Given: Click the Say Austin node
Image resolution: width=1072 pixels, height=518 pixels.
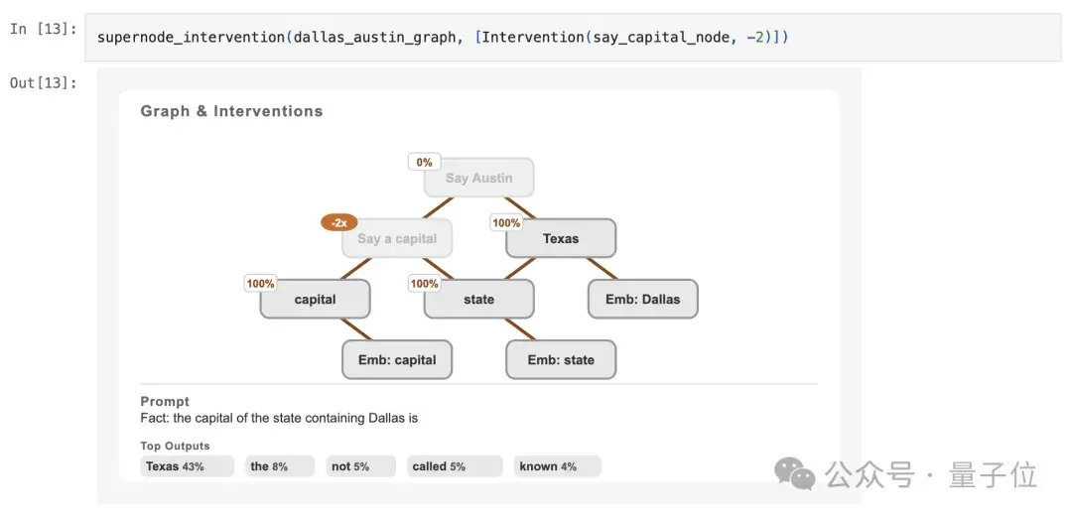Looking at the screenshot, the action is tap(478, 178).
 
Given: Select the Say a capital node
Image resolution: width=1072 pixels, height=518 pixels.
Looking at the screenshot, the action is tap(396, 238).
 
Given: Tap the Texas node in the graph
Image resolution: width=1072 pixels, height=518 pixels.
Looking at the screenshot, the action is tap(561, 238).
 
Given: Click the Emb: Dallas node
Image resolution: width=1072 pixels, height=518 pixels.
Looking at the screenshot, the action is tap(642, 300).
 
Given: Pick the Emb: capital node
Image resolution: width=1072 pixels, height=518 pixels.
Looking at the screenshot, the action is tap(396, 360).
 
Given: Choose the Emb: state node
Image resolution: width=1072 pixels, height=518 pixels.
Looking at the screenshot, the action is tap(561, 360).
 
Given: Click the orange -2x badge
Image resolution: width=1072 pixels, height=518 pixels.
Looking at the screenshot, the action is tap(339, 223).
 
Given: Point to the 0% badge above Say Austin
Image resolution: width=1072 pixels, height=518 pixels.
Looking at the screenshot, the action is tap(425, 162).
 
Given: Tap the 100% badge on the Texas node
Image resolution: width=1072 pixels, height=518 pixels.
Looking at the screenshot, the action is tap(506, 223).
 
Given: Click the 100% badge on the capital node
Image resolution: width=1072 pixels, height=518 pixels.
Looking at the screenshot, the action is tap(260, 284).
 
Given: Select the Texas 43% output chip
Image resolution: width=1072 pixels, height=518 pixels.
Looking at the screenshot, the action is tap(188, 466).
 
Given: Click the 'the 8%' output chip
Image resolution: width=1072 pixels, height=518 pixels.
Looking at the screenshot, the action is tap(280, 466).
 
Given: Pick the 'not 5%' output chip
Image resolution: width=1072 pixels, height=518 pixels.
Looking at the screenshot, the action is tap(361, 466).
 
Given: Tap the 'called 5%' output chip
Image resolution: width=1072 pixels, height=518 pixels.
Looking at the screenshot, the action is tap(455, 466).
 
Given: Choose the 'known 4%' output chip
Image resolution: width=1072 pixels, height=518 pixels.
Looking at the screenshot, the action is tap(557, 466).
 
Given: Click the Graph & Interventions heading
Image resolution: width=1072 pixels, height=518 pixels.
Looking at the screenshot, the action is tap(231, 111).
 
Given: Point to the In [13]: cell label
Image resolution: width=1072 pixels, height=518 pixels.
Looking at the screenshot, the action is tap(43, 30).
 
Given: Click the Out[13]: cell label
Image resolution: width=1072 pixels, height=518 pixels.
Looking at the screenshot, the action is tap(43, 82).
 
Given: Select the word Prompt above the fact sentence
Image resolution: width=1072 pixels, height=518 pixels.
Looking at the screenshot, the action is tap(165, 401).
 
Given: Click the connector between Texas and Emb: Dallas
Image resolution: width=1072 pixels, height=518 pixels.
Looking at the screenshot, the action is tap(602, 269).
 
